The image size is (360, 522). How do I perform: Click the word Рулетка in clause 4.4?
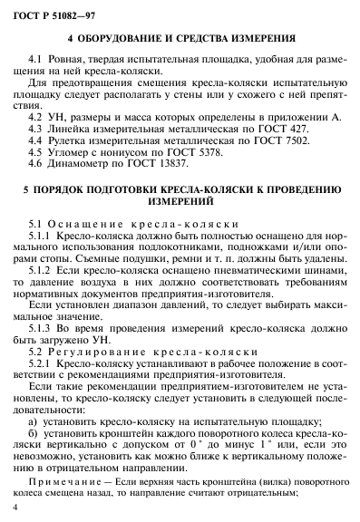click(80, 141)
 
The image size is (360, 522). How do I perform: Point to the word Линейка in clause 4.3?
click(82, 130)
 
